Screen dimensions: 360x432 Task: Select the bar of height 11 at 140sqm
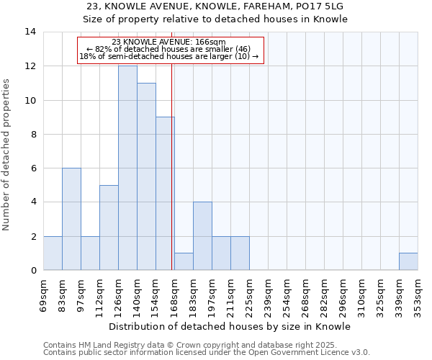(146, 176)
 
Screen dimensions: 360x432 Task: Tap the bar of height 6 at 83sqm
(71, 219)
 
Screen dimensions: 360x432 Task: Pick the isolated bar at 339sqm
(408, 261)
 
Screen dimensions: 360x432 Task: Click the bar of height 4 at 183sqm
(202, 236)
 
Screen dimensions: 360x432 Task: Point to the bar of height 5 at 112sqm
(109, 228)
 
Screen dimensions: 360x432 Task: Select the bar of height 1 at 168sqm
(184, 261)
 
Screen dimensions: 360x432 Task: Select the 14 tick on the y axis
(30, 32)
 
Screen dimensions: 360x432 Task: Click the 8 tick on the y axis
(33, 134)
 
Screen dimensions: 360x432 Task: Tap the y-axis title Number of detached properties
(6, 154)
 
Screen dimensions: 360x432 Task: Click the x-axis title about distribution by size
(230, 326)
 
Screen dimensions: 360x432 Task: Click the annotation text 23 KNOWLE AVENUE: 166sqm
(170, 42)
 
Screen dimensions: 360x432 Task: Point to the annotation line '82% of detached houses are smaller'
(170, 49)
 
